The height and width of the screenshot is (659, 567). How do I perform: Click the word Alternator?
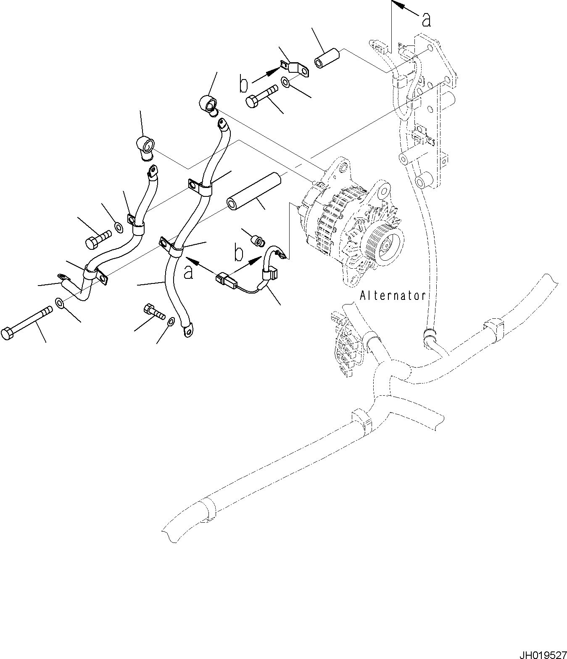coord(393,296)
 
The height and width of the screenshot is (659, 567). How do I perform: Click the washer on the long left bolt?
coord(59,303)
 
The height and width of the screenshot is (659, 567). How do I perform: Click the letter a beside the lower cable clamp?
coord(189,272)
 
